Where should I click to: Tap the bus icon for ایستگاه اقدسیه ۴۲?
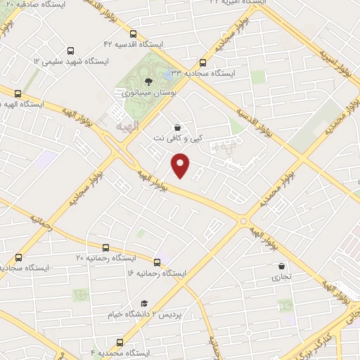pyautogui.click(x=134, y=32)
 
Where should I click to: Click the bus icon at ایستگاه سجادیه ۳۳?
pyautogui.click(x=203, y=62)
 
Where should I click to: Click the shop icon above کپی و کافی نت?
pyautogui.click(x=178, y=129)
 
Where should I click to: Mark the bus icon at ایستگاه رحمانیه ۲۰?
pyautogui.click(x=105, y=247)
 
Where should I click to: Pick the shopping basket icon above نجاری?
pyautogui.click(x=282, y=266)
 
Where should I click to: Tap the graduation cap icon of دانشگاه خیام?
pyautogui.click(x=144, y=303)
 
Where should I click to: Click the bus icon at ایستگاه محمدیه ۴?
pyautogui.click(x=120, y=342)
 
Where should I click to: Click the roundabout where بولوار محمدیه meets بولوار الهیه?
pyautogui.click(x=244, y=220)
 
